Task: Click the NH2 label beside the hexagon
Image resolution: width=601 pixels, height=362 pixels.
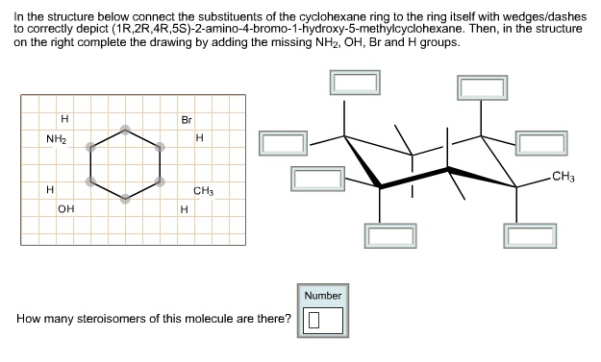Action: pyautogui.click(x=56, y=139)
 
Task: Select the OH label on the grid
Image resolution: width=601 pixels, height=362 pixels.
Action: pyautogui.click(x=64, y=207)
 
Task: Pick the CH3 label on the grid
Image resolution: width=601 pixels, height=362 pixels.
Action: pyautogui.click(x=203, y=190)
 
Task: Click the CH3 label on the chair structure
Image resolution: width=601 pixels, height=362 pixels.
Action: pyautogui.click(x=564, y=176)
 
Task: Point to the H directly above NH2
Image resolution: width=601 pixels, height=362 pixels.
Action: pyautogui.click(x=63, y=120)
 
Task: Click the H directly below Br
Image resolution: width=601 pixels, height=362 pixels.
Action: pyautogui.click(x=198, y=138)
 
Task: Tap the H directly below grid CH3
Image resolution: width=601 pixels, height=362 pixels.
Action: pyautogui.click(x=183, y=207)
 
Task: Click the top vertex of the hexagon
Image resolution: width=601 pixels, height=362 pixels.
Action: pyautogui.click(x=124, y=128)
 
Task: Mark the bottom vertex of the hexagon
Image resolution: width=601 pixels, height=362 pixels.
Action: pyautogui.click(x=124, y=200)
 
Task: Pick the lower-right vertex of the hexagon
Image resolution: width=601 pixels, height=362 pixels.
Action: pyautogui.click(x=156, y=181)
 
